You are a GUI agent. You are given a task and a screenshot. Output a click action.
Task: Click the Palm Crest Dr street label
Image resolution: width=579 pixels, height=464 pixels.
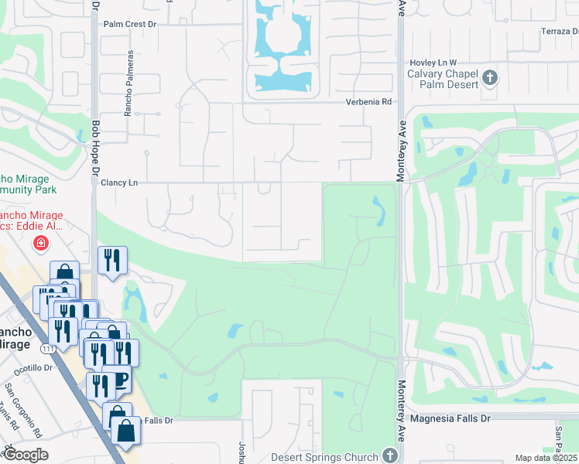(x=130, y=24)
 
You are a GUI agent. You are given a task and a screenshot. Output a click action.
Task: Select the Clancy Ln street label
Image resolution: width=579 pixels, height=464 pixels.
(x=119, y=183)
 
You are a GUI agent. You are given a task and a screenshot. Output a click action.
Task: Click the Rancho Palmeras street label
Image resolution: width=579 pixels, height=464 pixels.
(x=129, y=84)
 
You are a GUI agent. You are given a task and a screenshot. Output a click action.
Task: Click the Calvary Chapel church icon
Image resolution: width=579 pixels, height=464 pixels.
(x=489, y=77)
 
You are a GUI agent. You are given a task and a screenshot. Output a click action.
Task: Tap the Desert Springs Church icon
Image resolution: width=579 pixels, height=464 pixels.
(x=389, y=456)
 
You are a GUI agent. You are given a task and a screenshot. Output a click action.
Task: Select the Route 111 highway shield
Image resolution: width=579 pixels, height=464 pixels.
(x=48, y=350)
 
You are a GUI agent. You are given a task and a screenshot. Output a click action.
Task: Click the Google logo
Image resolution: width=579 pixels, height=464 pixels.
(x=26, y=455)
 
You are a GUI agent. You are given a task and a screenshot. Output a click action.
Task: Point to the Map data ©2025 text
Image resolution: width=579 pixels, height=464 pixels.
(x=546, y=458)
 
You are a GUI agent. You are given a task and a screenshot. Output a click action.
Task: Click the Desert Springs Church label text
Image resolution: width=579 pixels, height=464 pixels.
(x=324, y=456)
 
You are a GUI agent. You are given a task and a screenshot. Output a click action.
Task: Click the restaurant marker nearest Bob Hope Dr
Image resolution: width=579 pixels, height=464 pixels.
(x=112, y=260)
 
